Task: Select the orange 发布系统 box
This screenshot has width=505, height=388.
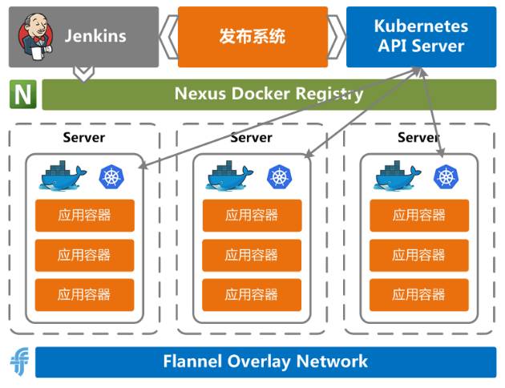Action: [252, 37]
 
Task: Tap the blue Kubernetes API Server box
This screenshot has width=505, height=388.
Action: [421, 37]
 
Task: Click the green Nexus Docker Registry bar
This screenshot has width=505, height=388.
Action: [269, 94]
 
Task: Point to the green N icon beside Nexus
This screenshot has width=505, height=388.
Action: [23, 95]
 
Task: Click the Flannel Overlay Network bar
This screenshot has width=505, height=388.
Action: [265, 361]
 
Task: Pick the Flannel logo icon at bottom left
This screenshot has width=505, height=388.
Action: [19, 362]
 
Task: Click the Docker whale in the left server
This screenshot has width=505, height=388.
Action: [62, 176]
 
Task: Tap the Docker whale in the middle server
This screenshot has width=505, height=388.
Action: [229, 176]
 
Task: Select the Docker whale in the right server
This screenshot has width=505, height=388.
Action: [397, 176]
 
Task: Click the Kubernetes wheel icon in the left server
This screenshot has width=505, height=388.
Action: [111, 176]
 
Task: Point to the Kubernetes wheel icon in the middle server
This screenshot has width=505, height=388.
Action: [278, 176]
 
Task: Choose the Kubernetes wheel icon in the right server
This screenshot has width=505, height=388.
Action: [445, 176]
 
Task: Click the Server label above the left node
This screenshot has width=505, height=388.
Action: [84, 138]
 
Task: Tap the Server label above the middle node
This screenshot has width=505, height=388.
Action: [251, 138]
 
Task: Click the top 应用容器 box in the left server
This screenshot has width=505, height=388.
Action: [84, 215]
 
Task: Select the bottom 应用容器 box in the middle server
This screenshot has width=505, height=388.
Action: [252, 294]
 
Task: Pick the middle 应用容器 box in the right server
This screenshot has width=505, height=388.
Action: [418, 255]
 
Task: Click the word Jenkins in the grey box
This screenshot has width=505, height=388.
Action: [96, 37]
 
